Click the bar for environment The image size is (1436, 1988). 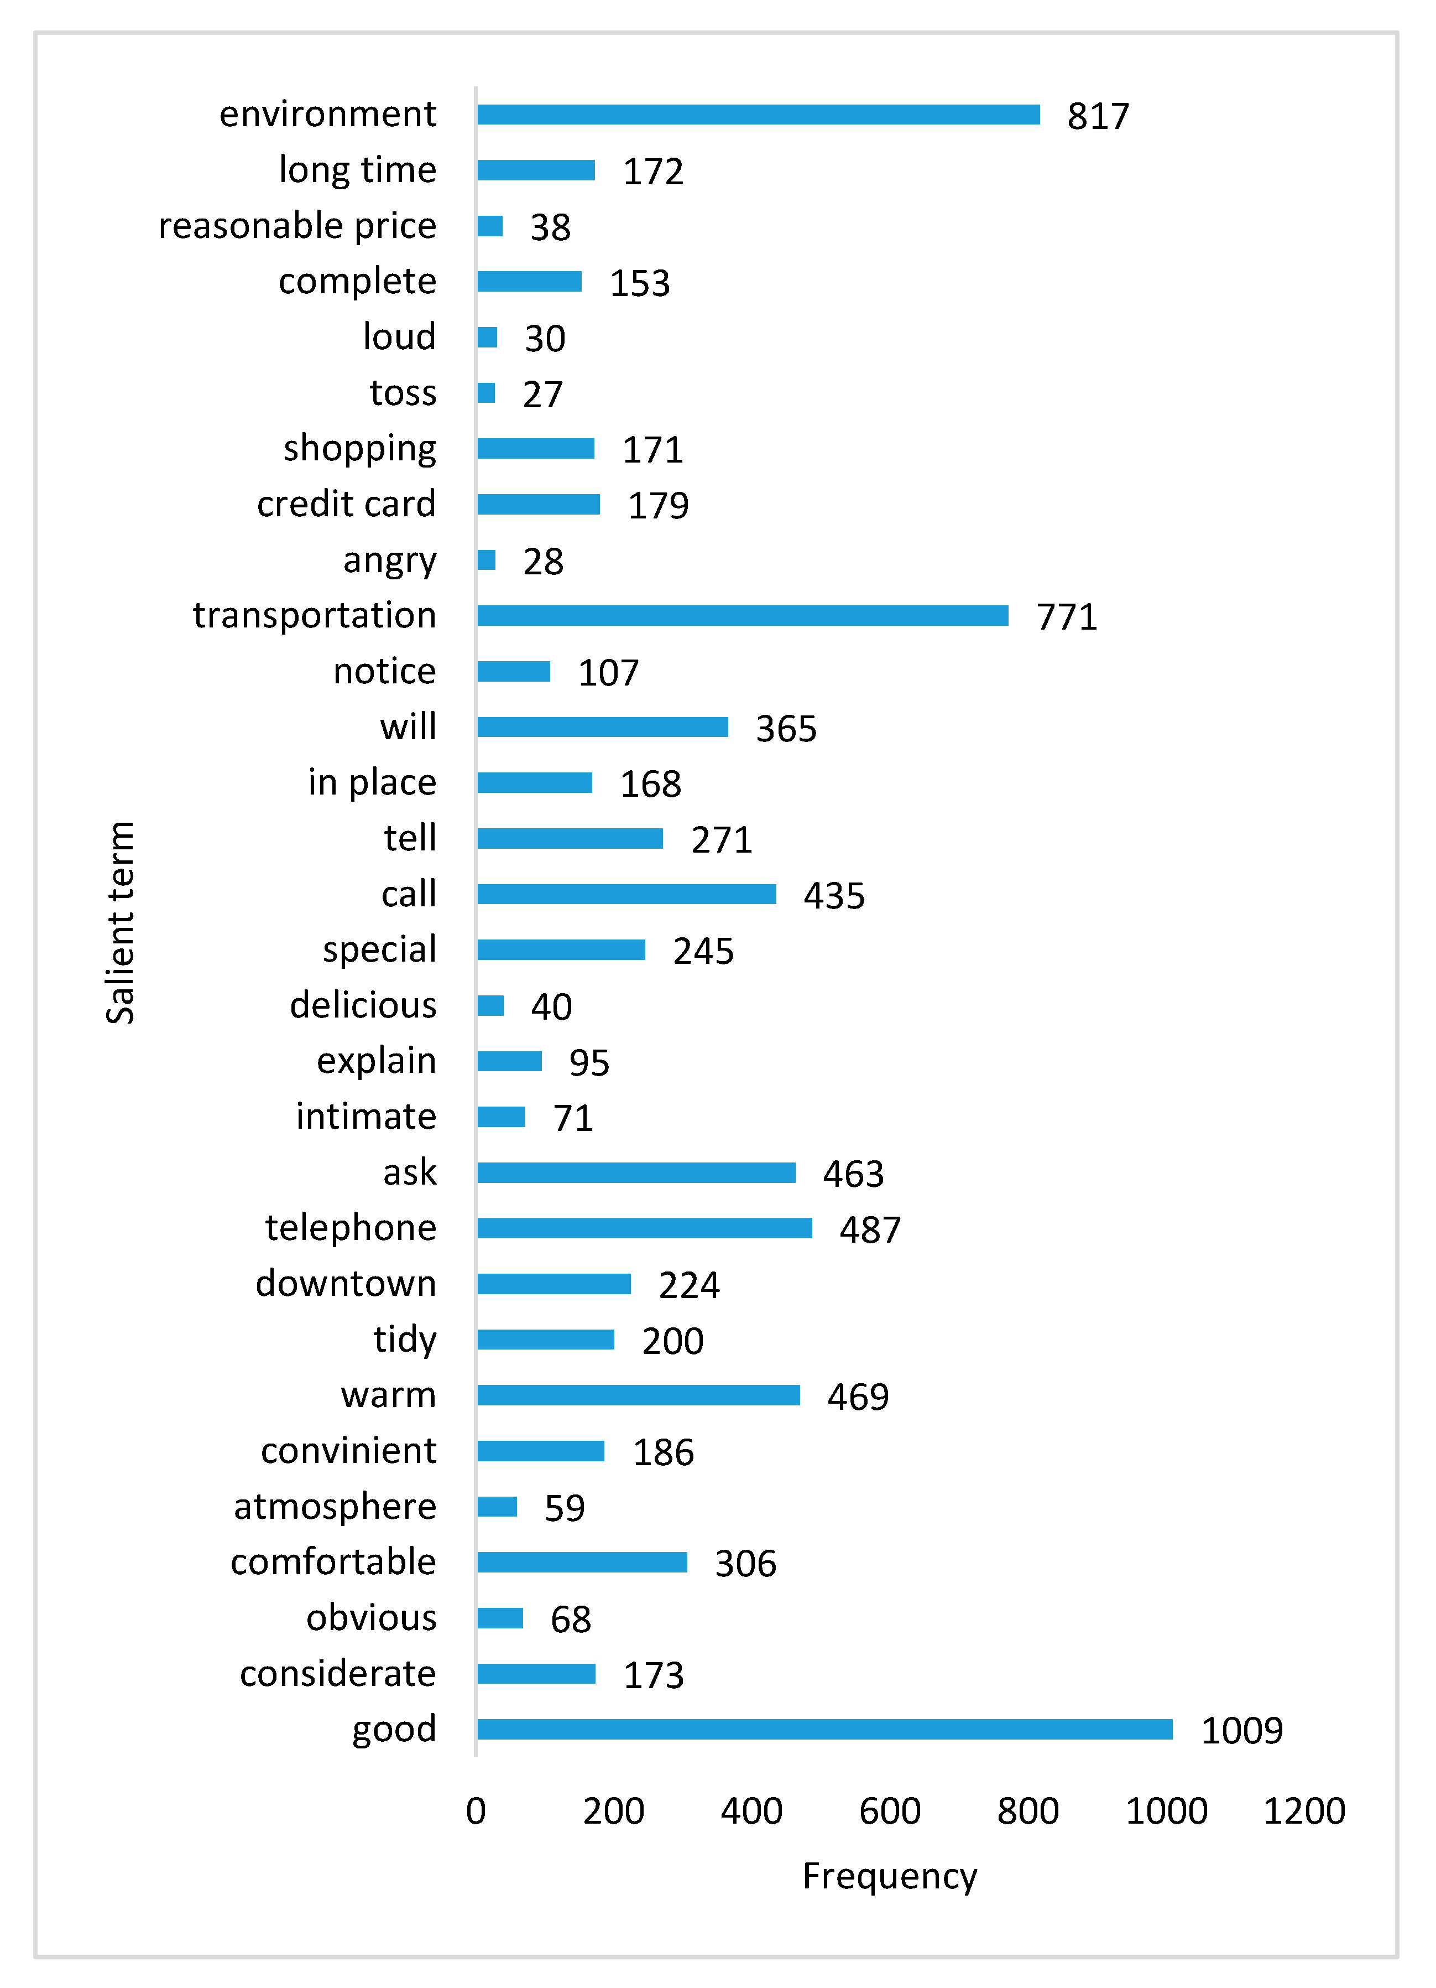(x=758, y=115)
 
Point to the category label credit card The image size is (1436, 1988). (x=346, y=504)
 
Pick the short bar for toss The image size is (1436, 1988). (x=486, y=393)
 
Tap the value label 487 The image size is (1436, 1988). (x=869, y=1230)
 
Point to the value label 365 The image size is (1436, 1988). (x=786, y=728)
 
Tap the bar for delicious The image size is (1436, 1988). (x=490, y=1005)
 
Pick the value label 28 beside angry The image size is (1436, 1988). (x=543, y=562)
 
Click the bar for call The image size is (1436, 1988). (x=626, y=894)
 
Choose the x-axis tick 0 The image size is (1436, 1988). (x=476, y=1811)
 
